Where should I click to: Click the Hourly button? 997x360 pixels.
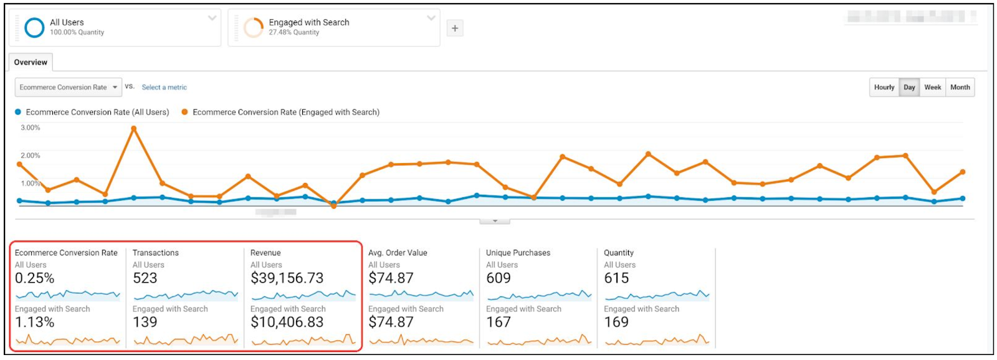(x=884, y=87)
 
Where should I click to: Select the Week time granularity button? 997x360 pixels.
(x=932, y=87)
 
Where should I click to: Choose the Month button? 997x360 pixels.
(x=960, y=87)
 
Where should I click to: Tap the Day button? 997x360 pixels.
(x=909, y=87)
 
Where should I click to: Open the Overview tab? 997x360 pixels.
(x=31, y=62)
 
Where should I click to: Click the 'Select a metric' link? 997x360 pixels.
(x=164, y=87)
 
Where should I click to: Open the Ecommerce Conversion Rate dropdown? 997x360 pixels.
(x=68, y=87)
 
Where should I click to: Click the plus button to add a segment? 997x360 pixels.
(x=455, y=28)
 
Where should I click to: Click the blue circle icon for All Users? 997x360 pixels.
(x=34, y=27)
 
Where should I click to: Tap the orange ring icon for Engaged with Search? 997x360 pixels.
(x=253, y=27)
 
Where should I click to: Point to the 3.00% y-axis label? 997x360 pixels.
(x=31, y=128)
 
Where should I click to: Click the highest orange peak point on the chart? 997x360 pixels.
(x=133, y=129)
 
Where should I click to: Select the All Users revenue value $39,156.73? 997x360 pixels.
(x=287, y=278)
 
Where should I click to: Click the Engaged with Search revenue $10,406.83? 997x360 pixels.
(x=287, y=322)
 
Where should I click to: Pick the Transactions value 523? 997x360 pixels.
(x=145, y=278)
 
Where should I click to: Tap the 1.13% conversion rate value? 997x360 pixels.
(x=35, y=322)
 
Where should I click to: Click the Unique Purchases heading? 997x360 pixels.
(x=518, y=253)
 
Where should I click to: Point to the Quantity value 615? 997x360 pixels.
(x=616, y=278)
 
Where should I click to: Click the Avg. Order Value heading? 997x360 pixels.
(x=398, y=253)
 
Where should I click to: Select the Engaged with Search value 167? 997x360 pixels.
(x=499, y=322)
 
